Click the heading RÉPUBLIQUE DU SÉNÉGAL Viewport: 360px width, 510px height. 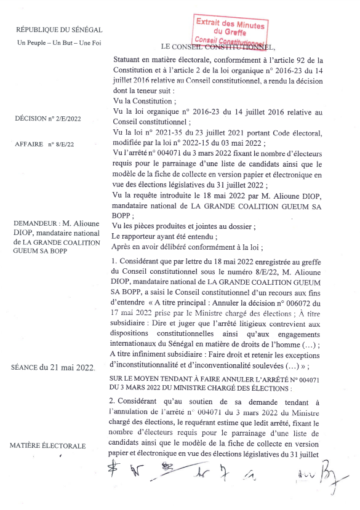[59, 30]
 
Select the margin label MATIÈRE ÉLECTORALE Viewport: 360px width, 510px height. [53, 445]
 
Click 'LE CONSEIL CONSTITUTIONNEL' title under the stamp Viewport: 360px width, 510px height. [217, 47]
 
